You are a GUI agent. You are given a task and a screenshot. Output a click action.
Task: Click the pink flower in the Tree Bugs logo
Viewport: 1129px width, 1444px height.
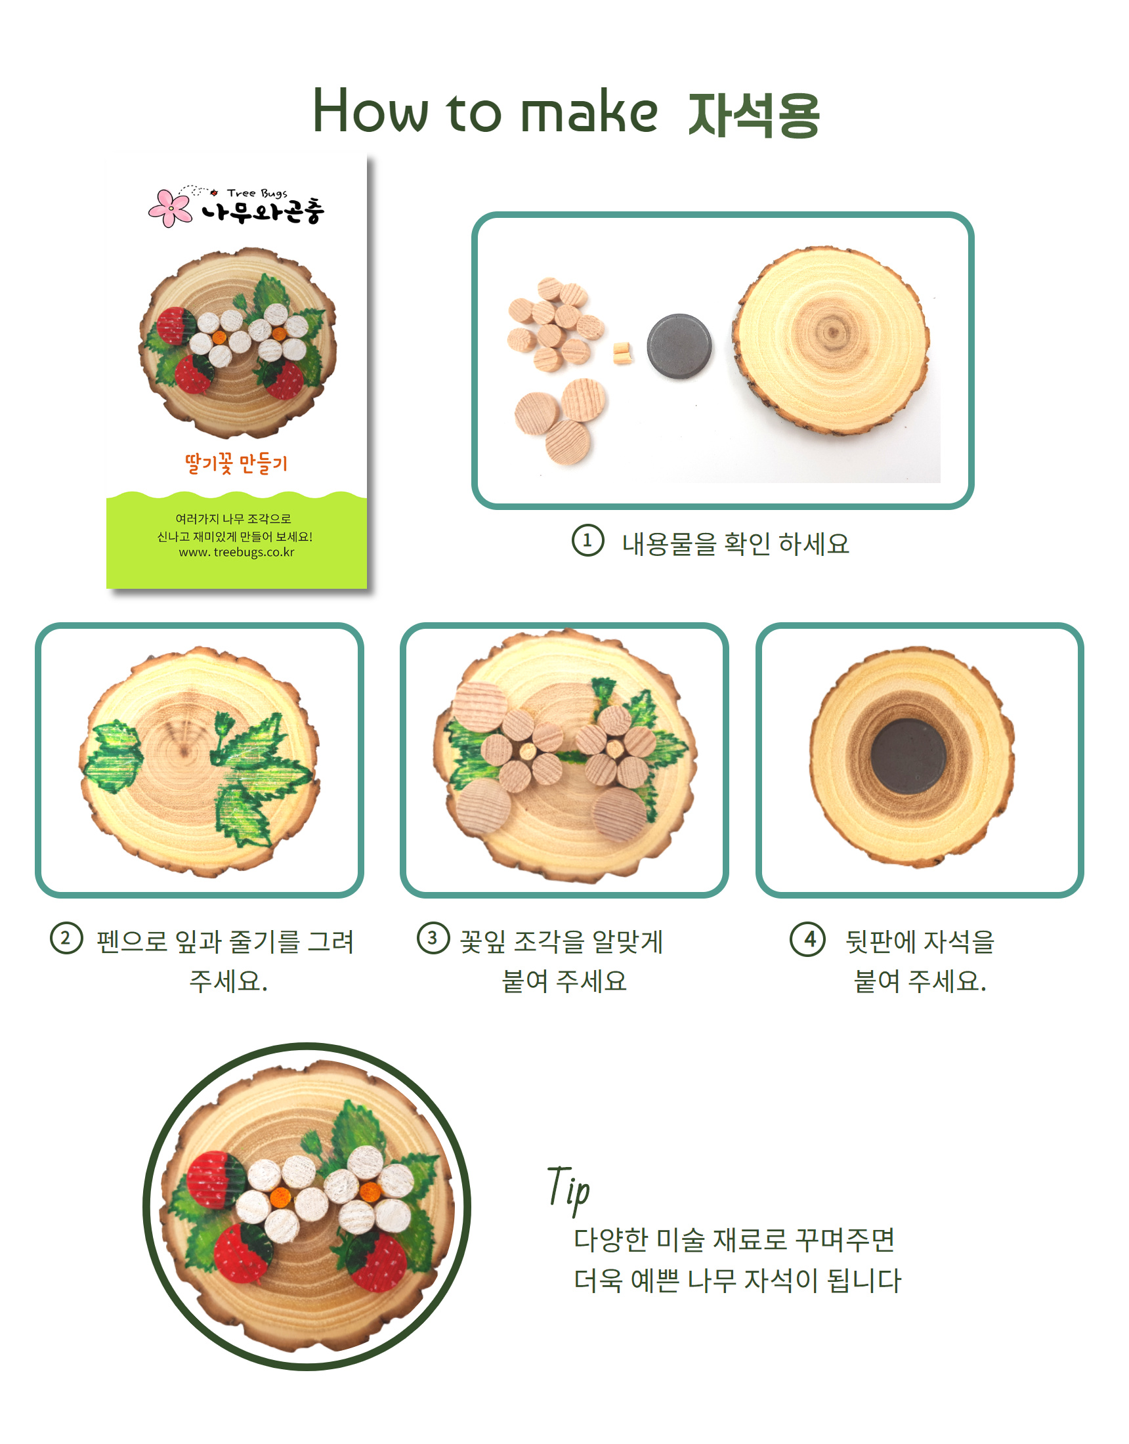pyautogui.click(x=170, y=207)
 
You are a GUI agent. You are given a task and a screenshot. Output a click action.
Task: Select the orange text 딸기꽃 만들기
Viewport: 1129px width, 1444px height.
pyautogui.click(x=236, y=463)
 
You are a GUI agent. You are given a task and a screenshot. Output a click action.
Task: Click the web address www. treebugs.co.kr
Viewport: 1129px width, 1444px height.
pyautogui.click(x=236, y=552)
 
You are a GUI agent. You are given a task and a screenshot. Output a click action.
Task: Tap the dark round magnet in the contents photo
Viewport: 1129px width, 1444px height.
pyautogui.click(x=679, y=346)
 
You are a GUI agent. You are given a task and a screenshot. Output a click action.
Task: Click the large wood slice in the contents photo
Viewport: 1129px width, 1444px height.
pyautogui.click(x=832, y=341)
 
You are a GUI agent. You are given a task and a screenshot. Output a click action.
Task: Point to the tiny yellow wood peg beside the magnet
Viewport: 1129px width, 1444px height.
pyautogui.click(x=621, y=353)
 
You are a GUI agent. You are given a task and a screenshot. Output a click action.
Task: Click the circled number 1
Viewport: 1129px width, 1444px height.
pyautogui.click(x=588, y=540)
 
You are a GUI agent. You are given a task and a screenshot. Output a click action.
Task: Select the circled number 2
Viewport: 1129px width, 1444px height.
pyautogui.click(x=66, y=939)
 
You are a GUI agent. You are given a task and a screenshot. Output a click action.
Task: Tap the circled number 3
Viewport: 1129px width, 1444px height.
pyautogui.click(x=433, y=939)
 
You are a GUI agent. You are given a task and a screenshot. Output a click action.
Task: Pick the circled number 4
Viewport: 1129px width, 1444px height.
pyautogui.click(x=807, y=939)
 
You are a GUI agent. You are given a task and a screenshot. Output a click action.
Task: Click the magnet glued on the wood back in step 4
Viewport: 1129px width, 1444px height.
pyautogui.click(x=908, y=756)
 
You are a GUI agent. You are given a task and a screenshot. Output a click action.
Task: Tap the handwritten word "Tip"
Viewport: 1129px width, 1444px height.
pyautogui.click(x=568, y=1189)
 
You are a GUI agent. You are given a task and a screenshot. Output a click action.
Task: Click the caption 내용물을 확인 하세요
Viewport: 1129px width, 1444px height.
pyautogui.click(x=735, y=544)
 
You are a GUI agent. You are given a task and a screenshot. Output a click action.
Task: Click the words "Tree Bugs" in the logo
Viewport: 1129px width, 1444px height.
pyautogui.click(x=257, y=193)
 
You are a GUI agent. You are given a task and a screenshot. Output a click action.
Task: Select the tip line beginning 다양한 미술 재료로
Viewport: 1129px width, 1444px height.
pyautogui.click(x=734, y=1240)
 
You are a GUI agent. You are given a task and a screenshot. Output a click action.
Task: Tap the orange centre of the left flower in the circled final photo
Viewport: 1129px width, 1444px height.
pyautogui.click(x=280, y=1197)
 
